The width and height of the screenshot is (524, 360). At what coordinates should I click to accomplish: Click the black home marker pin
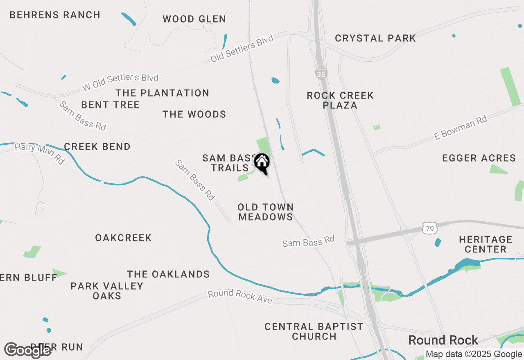(262, 163)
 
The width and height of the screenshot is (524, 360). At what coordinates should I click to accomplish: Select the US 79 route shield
(430, 228)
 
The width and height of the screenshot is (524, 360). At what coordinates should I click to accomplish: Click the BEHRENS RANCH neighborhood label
(55, 15)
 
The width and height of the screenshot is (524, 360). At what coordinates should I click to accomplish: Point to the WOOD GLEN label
(194, 19)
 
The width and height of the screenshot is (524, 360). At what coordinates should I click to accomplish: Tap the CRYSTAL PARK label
(375, 38)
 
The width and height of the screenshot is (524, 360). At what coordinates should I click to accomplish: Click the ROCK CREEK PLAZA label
(340, 100)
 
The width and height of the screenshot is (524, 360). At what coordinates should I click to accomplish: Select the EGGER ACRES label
(479, 158)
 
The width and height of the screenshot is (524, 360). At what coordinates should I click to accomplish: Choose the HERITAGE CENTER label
(486, 244)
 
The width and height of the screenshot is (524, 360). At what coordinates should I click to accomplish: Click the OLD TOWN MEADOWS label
(266, 212)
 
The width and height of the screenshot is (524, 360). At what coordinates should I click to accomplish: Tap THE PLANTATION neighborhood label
(163, 93)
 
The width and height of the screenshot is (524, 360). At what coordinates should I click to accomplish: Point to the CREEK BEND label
(97, 147)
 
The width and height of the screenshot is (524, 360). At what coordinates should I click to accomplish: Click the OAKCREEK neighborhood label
(123, 238)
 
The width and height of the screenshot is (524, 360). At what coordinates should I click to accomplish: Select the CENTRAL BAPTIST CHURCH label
(314, 331)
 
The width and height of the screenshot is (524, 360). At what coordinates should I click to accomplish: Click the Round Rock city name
(443, 340)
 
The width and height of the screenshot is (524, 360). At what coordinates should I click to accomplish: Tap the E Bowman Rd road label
(461, 128)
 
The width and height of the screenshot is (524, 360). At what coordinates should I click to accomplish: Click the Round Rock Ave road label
(239, 297)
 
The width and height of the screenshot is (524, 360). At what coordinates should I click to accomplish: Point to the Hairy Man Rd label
(39, 153)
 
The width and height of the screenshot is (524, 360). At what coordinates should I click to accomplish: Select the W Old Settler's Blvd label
(120, 82)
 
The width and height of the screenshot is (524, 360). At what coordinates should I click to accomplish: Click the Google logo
(27, 350)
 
